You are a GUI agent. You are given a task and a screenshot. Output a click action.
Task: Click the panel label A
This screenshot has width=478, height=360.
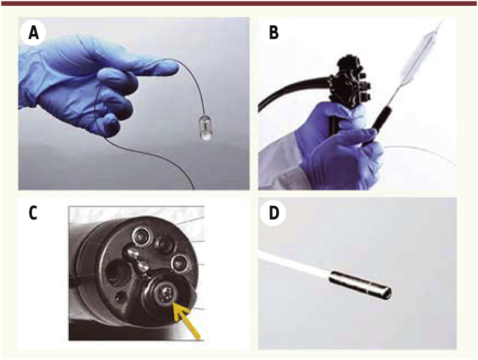coord(33,33)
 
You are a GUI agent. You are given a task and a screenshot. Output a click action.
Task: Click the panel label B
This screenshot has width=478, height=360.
coord(274,33)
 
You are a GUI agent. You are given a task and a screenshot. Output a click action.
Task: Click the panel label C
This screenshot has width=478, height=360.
coord(33,213)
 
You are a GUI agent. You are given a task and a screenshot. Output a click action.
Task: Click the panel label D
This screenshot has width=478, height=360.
coord(274,213)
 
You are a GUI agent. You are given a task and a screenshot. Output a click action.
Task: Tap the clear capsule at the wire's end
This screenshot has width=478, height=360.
coord(205,128)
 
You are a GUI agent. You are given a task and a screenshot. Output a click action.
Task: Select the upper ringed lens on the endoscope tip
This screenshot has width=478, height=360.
coord(142,236)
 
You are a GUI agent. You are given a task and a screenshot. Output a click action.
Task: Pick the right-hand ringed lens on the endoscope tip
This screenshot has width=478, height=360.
coord(180,263)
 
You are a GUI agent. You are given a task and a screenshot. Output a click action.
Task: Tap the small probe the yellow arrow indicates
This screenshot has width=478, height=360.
coord(166,295)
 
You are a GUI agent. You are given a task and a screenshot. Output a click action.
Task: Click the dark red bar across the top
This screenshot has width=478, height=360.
coord(239,3)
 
